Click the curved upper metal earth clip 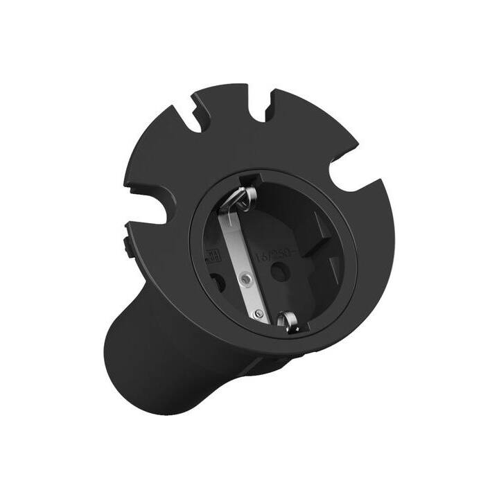pos(238,198)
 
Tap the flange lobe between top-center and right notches pos(305,132)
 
